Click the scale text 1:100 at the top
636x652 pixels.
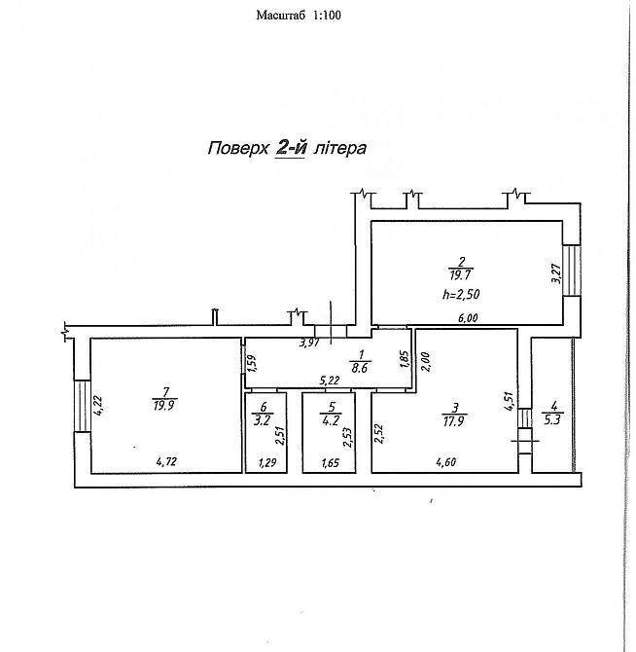point(327,16)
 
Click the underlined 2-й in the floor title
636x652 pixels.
point(291,149)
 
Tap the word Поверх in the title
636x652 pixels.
point(238,149)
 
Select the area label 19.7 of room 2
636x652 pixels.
point(461,275)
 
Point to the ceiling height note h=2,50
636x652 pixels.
point(461,295)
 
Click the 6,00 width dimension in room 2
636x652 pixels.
point(468,318)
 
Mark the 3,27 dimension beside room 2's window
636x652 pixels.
point(556,274)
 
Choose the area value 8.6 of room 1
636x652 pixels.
point(360,368)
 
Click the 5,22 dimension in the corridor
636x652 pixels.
point(330,380)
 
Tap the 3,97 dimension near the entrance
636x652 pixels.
point(309,344)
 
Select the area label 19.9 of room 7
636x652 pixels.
point(163,406)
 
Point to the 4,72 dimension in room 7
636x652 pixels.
point(166,461)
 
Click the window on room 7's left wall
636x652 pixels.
point(83,406)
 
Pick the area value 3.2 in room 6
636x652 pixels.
point(263,420)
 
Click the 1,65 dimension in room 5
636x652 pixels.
point(331,463)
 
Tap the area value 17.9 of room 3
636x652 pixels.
point(453,421)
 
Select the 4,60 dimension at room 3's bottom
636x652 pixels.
point(446,462)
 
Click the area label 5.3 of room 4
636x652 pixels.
point(553,419)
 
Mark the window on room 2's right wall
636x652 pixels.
point(572,271)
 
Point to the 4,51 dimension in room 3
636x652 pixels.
point(511,402)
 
